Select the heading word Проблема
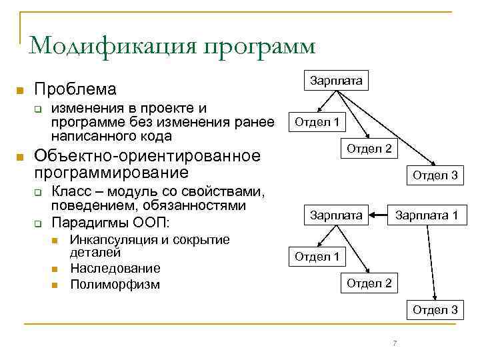(x=75, y=89)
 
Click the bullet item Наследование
(x=115, y=269)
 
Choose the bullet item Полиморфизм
(x=115, y=285)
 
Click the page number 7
(x=395, y=343)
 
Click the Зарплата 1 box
(x=427, y=215)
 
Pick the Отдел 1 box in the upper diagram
(x=317, y=122)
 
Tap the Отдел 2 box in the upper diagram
(x=369, y=148)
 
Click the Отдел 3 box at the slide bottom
(x=435, y=309)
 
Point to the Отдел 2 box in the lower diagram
(x=369, y=283)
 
